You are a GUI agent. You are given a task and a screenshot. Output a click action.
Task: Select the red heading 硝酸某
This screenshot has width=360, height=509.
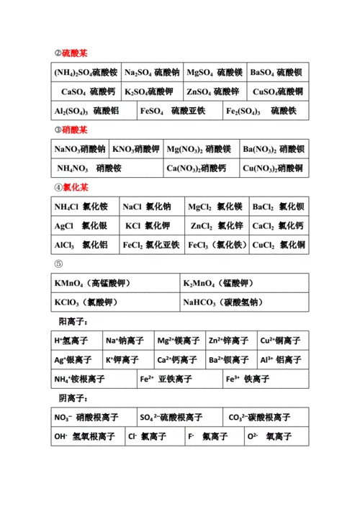75,130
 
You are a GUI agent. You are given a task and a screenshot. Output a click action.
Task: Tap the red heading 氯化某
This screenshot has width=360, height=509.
75,187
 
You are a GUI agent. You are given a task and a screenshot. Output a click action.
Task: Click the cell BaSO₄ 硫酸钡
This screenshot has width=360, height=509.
276,73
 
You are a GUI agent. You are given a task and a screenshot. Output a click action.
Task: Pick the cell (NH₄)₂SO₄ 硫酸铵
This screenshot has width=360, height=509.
85,73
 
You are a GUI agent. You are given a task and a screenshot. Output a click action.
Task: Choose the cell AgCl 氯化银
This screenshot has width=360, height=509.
81,225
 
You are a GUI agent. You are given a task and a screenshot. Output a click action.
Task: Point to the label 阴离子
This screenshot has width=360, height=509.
73,397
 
